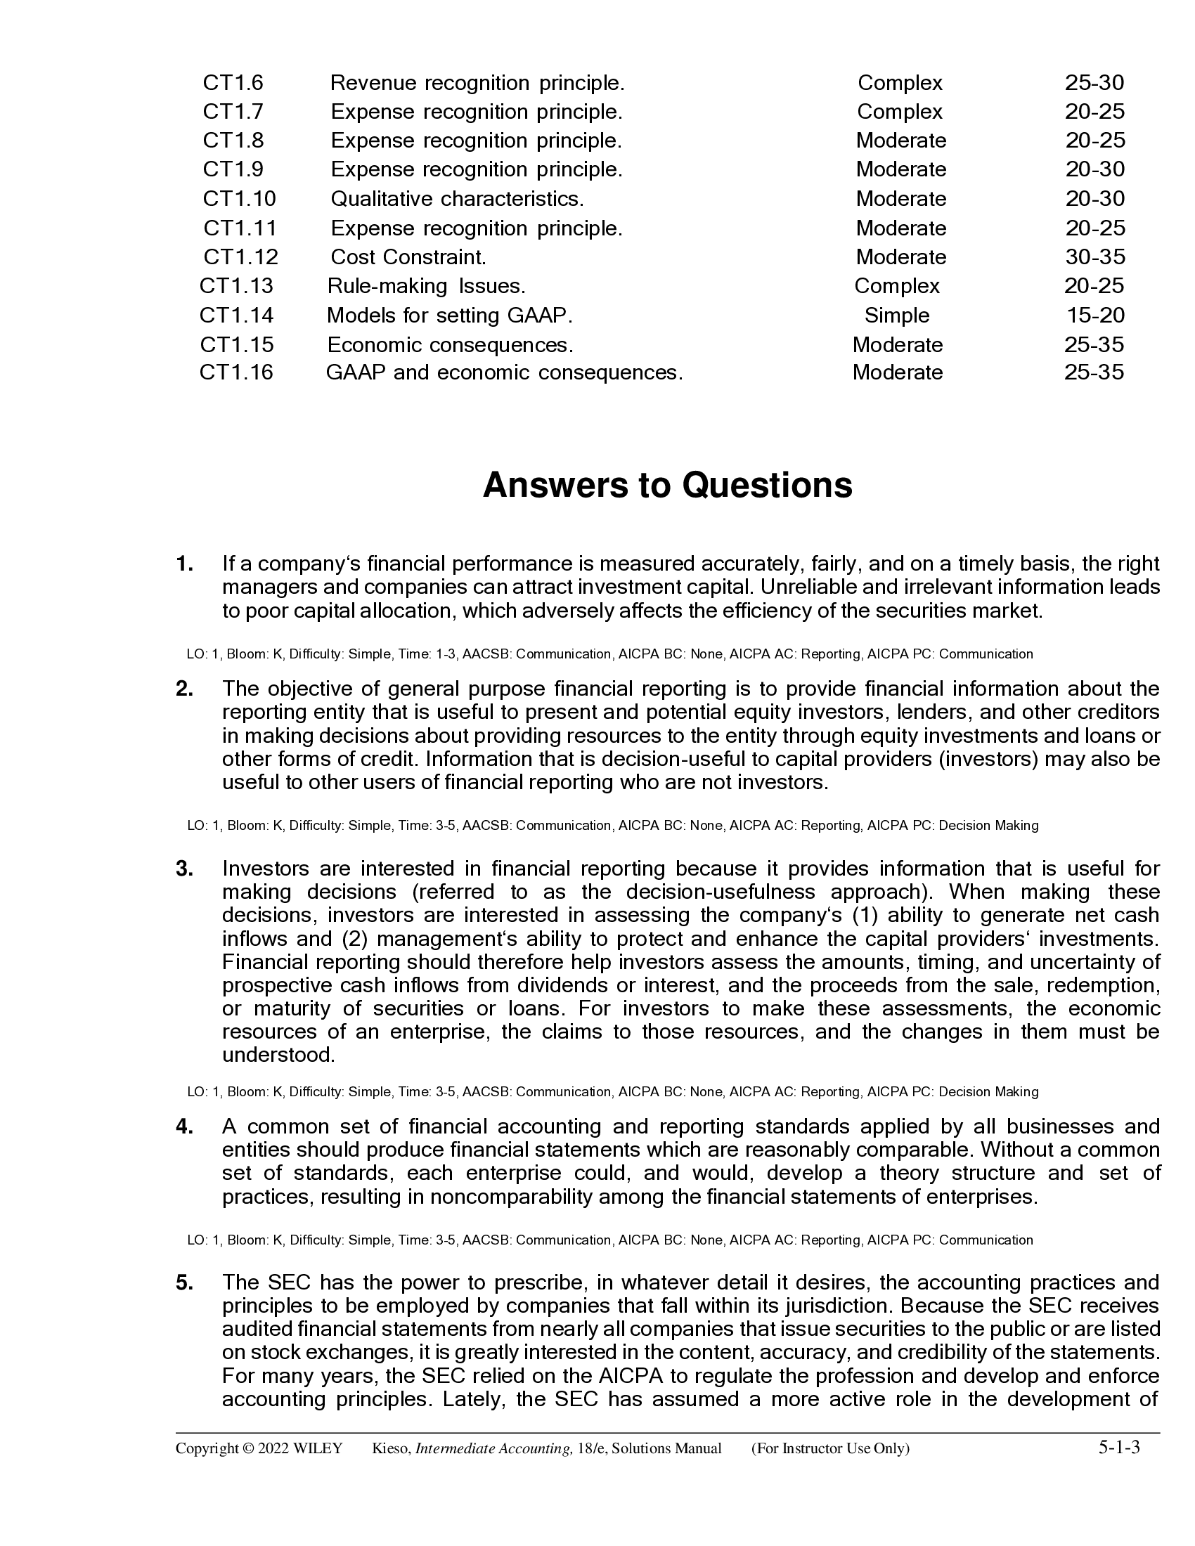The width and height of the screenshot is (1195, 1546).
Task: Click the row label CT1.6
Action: [233, 84]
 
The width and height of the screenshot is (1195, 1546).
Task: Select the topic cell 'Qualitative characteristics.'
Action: [458, 199]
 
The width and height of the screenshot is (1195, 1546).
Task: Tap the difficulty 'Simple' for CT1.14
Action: [897, 315]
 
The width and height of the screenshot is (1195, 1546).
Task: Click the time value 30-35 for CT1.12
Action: [1095, 257]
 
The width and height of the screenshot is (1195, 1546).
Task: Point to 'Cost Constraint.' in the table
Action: [408, 257]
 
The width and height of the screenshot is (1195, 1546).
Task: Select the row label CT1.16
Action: [235, 372]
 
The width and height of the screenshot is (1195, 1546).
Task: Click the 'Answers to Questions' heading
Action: [668, 486]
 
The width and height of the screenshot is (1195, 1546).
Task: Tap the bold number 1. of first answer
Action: [185, 564]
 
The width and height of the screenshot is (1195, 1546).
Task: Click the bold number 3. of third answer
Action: [185, 869]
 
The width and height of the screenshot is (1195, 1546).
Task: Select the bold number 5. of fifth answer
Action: [185, 1282]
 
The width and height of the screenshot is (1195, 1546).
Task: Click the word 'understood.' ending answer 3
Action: [278, 1055]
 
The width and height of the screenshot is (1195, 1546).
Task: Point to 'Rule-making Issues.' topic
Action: [426, 286]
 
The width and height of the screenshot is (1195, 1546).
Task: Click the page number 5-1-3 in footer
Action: [1118, 1447]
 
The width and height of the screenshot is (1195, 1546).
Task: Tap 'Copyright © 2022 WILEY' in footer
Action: [259, 1449]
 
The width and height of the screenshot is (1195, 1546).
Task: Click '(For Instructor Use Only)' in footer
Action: [830, 1449]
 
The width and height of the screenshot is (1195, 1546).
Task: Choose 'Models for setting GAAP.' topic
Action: [450, 315]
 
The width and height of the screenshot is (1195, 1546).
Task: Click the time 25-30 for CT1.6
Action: [1094, 84]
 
